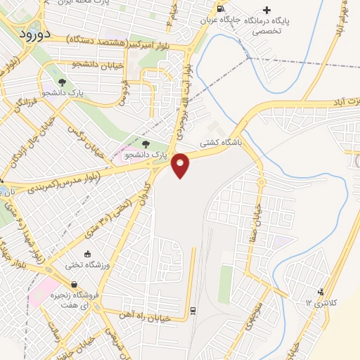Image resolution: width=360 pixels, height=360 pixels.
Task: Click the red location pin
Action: (x=181, y=165)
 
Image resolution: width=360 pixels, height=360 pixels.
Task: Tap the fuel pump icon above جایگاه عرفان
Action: (x=221, y=9)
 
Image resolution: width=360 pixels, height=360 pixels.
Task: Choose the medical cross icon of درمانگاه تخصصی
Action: (x=266, y=10)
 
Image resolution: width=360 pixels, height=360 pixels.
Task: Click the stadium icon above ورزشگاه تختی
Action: (x=87, y=254)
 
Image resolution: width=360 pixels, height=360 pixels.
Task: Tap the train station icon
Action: (x=192, y=310)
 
